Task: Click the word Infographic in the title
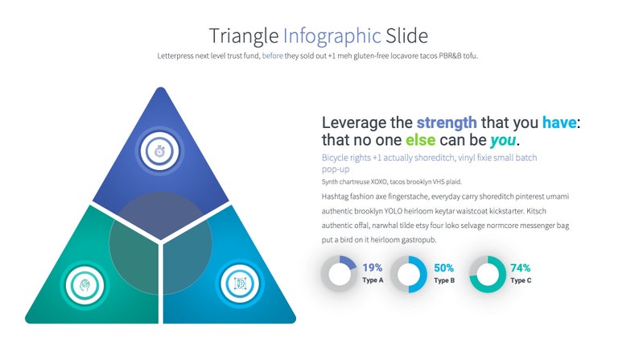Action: tap(332, 36)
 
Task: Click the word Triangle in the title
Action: tap(244, 36)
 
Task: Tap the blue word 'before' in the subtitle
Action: tap(272, 56)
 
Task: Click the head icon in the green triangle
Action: tap(81, 283)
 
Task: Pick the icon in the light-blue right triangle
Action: tap(241, 283)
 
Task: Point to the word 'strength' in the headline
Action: tap(447, 123)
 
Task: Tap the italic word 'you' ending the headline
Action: tap(502, 141)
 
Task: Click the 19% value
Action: tap(373, 267)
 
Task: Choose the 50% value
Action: tap(444, 267)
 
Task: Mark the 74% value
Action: tap(520, 267)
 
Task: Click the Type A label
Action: tap(373, 280)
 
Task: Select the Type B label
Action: tap(444, 280)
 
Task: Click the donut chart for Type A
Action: tap(339, 273)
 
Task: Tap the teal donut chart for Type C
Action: tap(487, 273)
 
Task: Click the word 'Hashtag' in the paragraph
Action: tap(336, 197)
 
